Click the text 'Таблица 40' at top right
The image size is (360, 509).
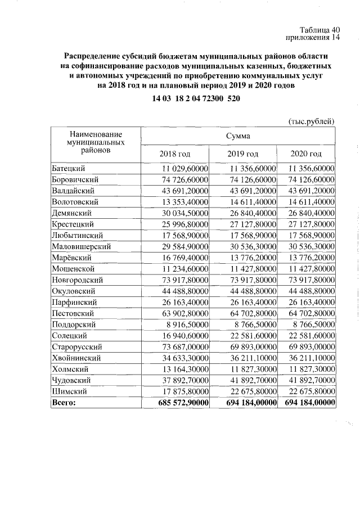[320, 30]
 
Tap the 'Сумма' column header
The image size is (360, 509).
[238, 136]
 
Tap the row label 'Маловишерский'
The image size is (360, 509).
[80, 246]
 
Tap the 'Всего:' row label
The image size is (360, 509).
[63, 403]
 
